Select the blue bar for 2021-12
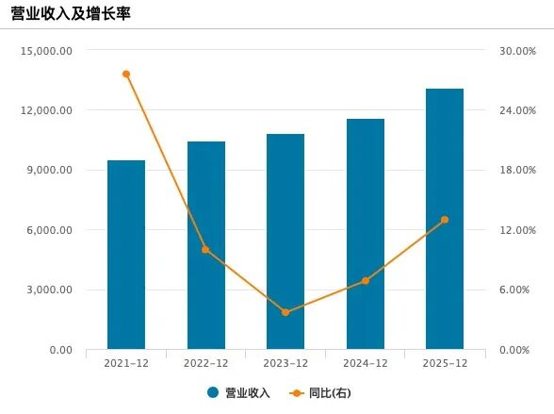tap(126, 255)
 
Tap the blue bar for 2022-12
tap(205, 245)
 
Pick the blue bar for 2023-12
tap(285, 241)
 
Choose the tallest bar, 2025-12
tap(445, 219)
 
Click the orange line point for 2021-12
tap(126, 74)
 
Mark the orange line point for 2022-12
tap(205, 250)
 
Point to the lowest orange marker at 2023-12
tap(285, 312)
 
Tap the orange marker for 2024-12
tap(366, 281)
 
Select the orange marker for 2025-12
tap(445, 220)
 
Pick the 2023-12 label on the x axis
tap(285, 364)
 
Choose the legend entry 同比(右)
tap(330, 393)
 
